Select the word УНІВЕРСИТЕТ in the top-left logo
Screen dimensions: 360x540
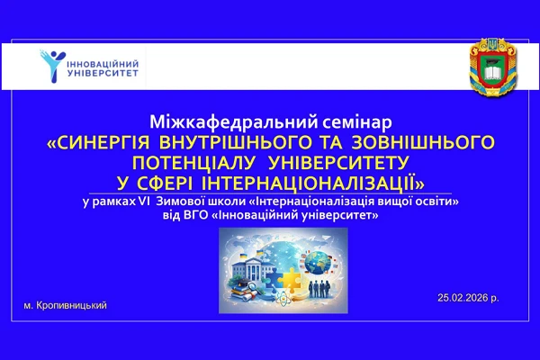[x=101, y=75]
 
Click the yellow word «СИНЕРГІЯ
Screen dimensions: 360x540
[x=98, y=142]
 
